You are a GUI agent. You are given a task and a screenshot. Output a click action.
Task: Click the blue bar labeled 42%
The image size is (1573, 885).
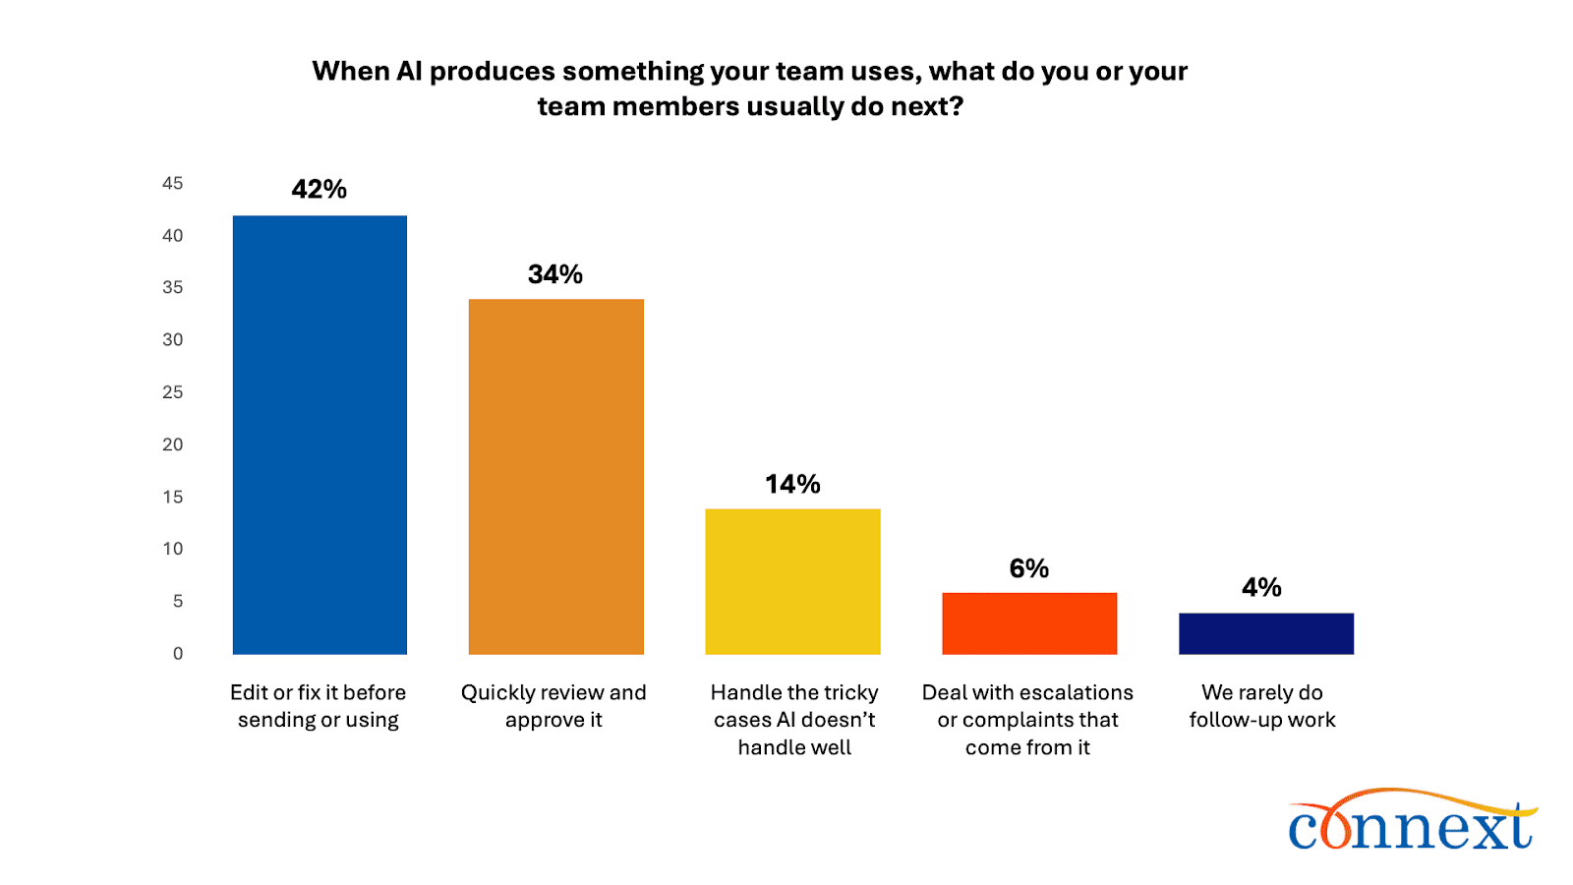click(320, 435)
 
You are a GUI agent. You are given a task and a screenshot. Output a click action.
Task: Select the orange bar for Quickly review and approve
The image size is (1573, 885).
click(555, 477)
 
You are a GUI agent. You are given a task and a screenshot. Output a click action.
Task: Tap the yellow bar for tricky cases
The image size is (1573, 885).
click(792, 581)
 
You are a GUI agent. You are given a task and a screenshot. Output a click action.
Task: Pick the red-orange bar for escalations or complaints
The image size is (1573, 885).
click(1029, 623)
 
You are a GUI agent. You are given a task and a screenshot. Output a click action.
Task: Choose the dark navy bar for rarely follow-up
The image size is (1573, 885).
click(1266, 633)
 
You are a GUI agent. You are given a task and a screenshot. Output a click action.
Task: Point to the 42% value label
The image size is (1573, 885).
click(320, 189)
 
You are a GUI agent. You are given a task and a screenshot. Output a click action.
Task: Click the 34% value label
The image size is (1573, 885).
click(555, 274)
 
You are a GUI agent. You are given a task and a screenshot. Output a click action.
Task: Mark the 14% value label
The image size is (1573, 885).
click(792, 484)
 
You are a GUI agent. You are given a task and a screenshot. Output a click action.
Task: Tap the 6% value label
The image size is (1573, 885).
click(1029, 568)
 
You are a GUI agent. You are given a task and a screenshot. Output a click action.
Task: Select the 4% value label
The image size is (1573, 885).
click(1261, 587)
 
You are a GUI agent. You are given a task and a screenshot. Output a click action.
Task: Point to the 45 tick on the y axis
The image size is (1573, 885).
click(173, 183)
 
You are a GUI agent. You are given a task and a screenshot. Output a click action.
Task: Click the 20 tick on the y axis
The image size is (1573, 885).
click(173, 444)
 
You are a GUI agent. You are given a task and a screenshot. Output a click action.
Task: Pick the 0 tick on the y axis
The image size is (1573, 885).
click(178, 654)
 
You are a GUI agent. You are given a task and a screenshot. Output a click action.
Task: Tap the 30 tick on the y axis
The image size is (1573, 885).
click(173, 340)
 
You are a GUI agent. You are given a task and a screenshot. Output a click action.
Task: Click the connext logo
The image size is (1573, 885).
click(1412, 821)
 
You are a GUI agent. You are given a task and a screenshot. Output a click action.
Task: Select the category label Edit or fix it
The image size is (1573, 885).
click(318, 706)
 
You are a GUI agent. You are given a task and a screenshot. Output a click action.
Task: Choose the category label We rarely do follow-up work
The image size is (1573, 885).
click(1262, 706)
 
